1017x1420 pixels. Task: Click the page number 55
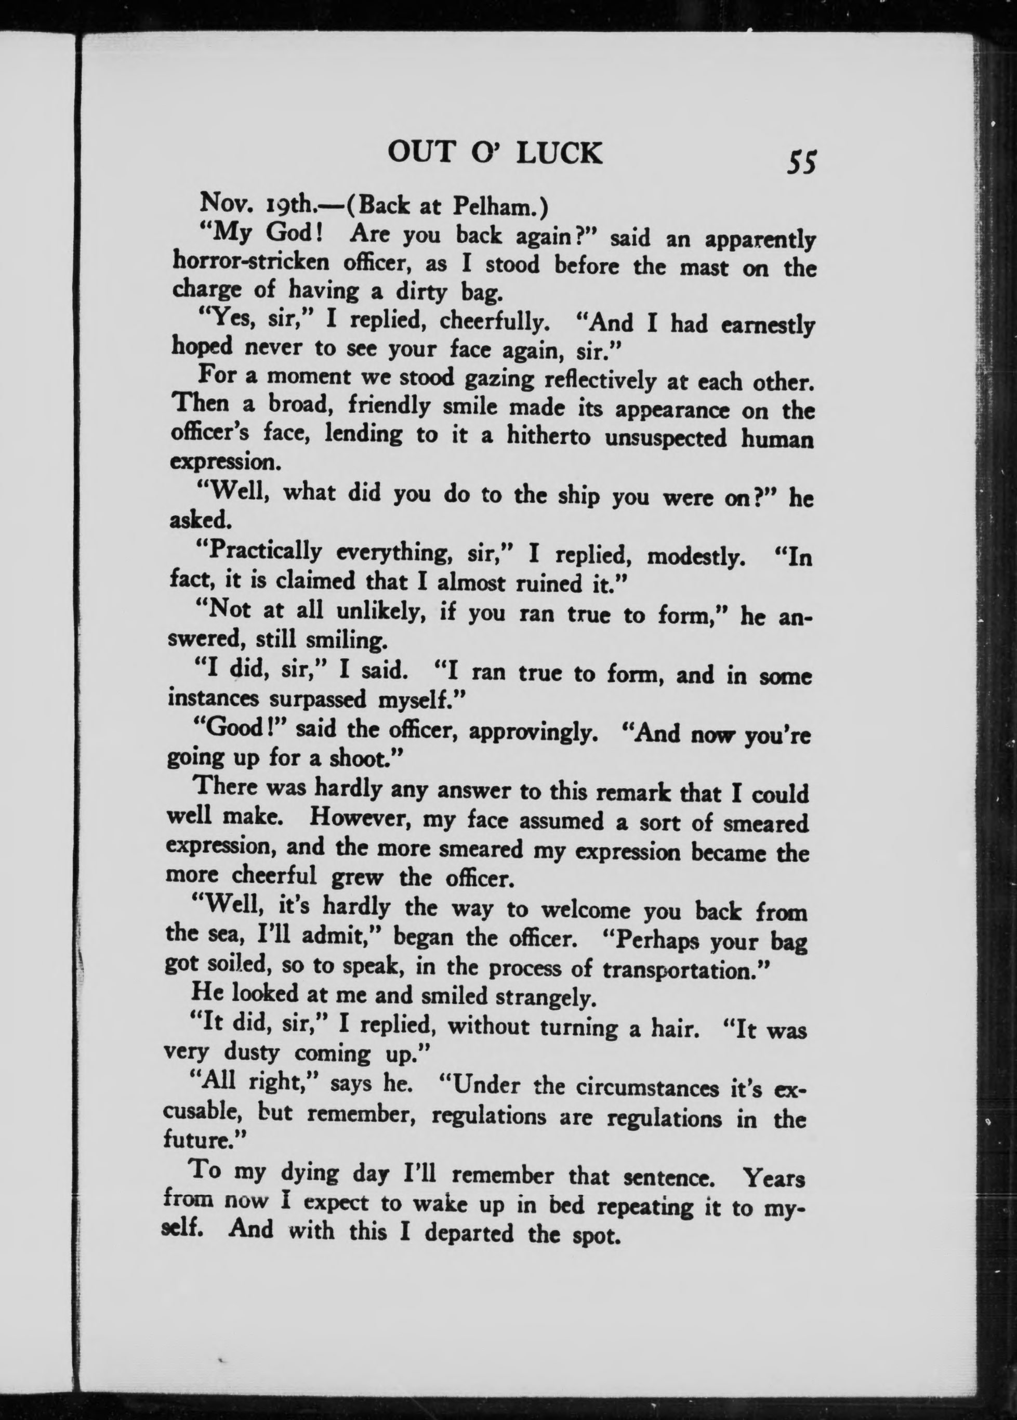802,163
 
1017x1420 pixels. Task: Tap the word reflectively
606,381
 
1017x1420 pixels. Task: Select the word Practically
259,552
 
